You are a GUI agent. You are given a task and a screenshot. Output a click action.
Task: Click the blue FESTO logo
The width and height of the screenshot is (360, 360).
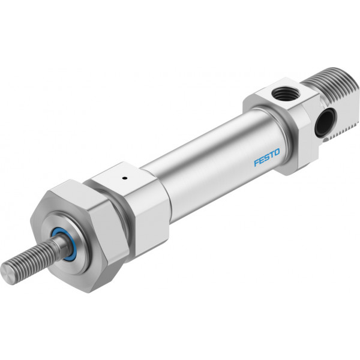click(267, 157)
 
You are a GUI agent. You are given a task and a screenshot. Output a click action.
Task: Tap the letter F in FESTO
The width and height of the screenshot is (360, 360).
click(257, 163)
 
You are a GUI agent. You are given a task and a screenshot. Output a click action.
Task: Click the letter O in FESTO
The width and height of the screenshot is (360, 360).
click(277, 152)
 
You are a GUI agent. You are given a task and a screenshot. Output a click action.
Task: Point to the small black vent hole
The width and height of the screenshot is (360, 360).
click(125, 178)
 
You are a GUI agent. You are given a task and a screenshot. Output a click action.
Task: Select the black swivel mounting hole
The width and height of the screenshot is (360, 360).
click(324, 122)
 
